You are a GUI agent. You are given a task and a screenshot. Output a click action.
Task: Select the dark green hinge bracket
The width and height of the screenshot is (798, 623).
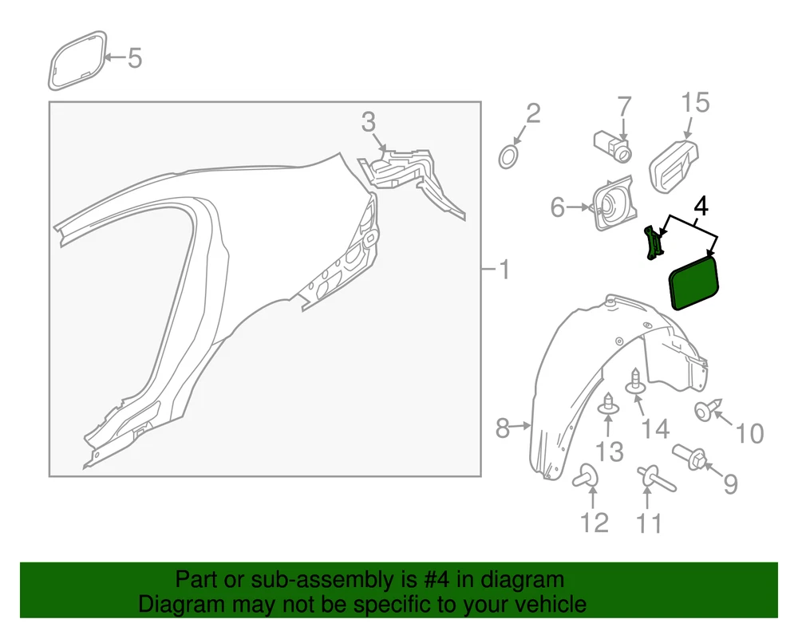655,243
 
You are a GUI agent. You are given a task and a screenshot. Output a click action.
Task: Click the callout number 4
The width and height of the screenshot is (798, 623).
701,207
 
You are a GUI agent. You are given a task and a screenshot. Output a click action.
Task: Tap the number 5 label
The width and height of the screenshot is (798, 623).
134,58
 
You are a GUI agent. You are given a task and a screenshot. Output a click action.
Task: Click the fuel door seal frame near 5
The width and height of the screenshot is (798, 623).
77,61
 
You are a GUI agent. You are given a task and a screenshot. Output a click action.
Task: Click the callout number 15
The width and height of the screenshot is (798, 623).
695,103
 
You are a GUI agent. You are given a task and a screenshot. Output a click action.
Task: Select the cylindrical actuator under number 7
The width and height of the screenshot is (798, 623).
613,145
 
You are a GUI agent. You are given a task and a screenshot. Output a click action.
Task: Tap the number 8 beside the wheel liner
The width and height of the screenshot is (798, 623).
502,428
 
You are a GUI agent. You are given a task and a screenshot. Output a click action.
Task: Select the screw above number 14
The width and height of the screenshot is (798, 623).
635,381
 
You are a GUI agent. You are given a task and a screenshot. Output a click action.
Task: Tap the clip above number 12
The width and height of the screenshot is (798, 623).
586,475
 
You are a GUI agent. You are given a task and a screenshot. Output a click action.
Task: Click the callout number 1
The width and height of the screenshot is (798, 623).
504,270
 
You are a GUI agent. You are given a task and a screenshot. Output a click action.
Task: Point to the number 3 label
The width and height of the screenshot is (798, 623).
369,122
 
